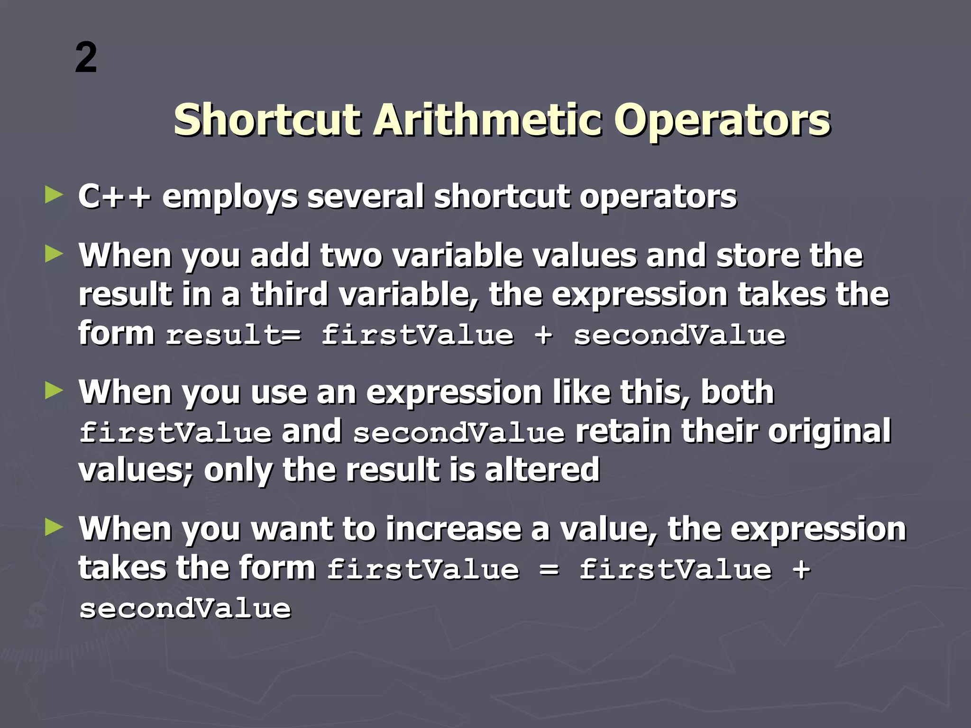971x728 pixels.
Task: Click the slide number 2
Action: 86,58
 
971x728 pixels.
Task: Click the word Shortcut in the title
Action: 267,120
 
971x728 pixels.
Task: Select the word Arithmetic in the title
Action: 488,120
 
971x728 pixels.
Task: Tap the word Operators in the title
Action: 722,120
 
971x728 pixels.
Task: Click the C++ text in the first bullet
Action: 114,196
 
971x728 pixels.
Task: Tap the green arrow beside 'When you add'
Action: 54,254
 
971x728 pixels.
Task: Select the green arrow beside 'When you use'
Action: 54,391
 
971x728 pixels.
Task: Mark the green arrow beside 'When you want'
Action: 54,527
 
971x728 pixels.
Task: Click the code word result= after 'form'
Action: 233,336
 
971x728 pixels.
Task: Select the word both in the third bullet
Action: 737,392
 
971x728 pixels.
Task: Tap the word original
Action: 829,431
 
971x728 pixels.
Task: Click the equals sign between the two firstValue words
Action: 549,569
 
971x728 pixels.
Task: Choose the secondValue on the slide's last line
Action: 185,609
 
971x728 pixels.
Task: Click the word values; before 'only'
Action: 137,471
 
